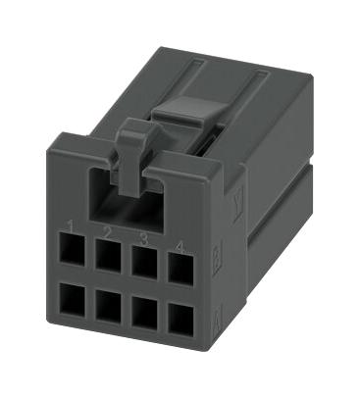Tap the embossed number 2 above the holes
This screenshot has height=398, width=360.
pos(106,232)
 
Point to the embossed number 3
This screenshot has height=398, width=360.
pos(143,236)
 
